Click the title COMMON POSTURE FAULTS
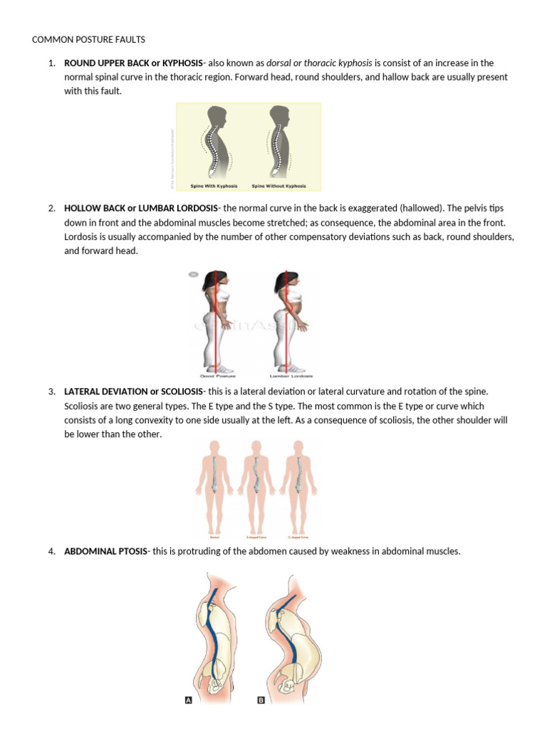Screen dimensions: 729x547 (88, 39)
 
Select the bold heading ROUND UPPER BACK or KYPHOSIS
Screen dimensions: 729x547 (133, 63)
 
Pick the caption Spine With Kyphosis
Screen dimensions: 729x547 (212, 187)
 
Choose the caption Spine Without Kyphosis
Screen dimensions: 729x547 (279, 187)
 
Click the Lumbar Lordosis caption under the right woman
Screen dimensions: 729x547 (292, 376)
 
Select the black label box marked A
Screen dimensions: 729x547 (189, 701)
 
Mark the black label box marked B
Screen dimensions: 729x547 (261, 701)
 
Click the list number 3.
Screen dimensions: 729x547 (52, 392)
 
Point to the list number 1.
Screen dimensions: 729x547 (52, 63)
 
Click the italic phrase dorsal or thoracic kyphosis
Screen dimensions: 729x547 (319, 63)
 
